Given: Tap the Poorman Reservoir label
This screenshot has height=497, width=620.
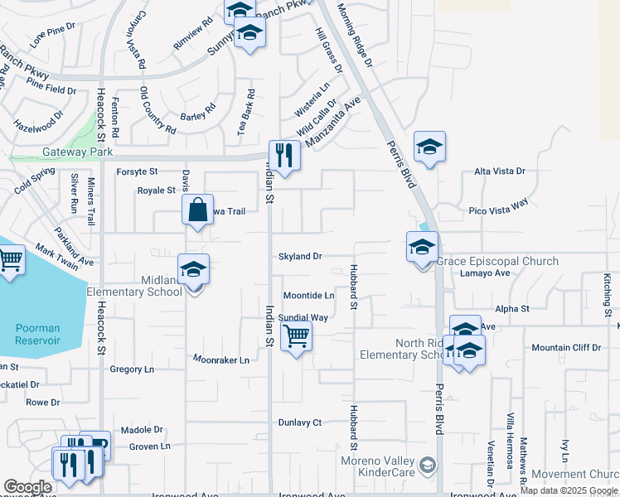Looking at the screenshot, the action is (38, 334).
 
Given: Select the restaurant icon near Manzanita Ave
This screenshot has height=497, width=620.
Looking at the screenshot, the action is (283, 155).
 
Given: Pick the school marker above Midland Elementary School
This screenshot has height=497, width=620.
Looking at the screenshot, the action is (193, 271).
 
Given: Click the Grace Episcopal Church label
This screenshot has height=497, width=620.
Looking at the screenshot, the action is (497, 261).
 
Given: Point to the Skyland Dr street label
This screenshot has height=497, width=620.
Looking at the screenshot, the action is (300, 257).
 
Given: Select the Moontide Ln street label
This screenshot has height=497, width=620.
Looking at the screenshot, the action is (308, 296).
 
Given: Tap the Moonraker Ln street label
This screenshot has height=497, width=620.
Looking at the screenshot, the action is (221, 360).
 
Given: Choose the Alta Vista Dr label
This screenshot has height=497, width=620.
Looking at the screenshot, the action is (500, 171).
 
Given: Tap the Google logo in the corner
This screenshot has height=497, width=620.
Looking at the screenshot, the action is (28, 487).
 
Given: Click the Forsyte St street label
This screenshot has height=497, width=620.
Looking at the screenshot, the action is (137, 171).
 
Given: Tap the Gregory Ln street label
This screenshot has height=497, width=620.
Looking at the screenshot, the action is (132, 369).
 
